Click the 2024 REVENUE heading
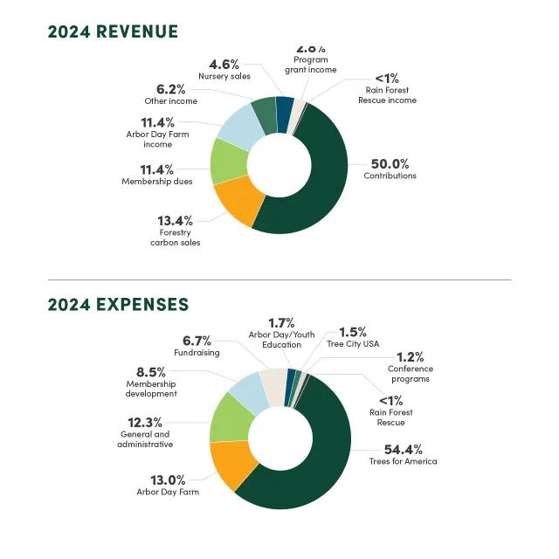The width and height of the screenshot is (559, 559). click(x=113, y=32)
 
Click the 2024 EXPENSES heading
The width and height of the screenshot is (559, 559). click(x=118, y=305)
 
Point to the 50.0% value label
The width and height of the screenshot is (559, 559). click(x=390, y=163)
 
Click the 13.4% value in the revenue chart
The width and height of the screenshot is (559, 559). click(x=175, y=220)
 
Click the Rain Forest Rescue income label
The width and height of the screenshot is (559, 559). click(x=387, y=94)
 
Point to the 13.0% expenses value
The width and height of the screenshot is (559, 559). click(x=168, y=480)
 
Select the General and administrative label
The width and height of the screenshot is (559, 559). click(x=145, y=439)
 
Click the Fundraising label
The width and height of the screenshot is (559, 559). click(x=196, y=353)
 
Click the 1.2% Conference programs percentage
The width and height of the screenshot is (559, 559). click(x=410, y=356)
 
